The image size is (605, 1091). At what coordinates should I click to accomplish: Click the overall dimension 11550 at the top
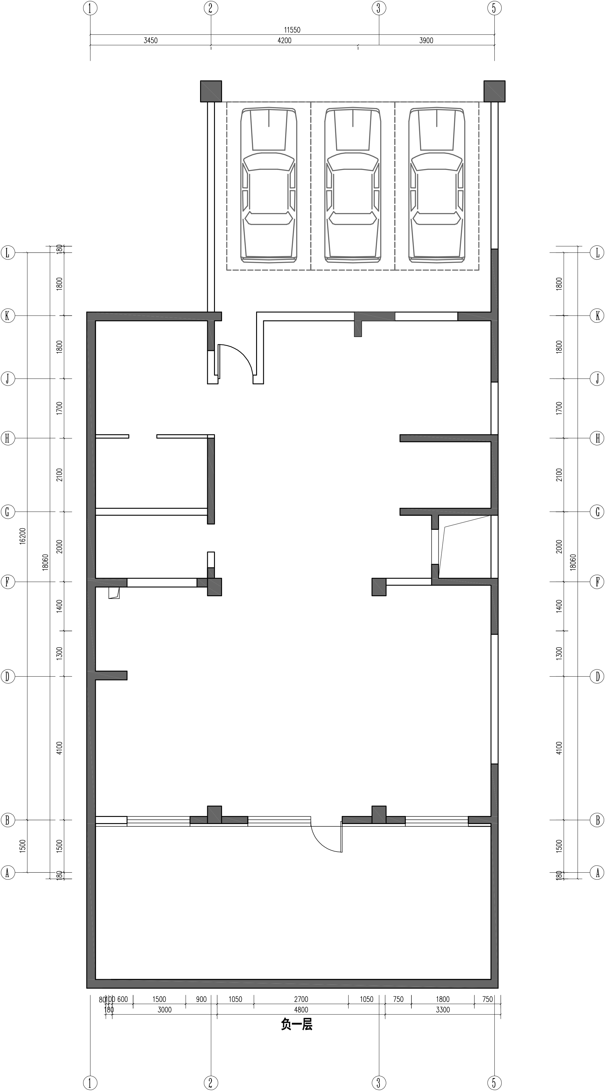pos(292,30)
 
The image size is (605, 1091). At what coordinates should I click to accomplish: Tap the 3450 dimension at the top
pos(150,41)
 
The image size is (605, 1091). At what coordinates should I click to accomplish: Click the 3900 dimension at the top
pos(426,41)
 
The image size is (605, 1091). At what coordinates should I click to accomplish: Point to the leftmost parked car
pos(269,185)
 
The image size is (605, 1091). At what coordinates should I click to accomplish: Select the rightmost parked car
pos(437,185)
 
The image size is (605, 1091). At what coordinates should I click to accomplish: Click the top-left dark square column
pos(211,91)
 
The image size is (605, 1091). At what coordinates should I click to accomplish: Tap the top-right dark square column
pos(494,91)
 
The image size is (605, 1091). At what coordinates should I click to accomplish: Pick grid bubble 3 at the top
pos(379,8)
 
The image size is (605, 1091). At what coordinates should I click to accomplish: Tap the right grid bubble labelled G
pos(597,512)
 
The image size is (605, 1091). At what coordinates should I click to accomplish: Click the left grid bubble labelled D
pos(7,676)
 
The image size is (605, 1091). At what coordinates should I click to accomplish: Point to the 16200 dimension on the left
pos(23,536)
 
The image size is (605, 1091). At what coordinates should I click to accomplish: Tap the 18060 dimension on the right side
pos(573,562)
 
